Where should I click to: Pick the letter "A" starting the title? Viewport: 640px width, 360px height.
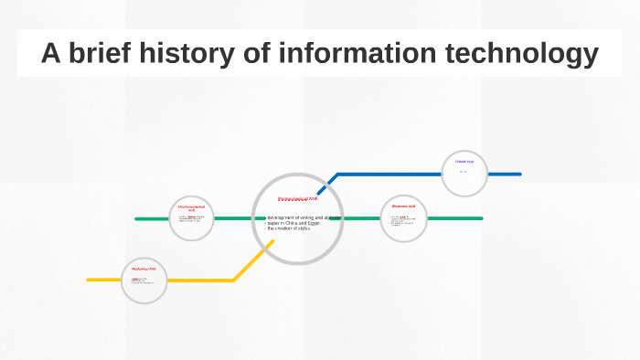click(x=51, y=54)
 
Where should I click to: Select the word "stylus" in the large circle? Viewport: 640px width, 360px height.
click(x=303, y=228)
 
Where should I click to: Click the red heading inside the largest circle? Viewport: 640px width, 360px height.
click(x=298, y=198)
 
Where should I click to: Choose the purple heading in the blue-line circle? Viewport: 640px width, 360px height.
click(x=464, y=162)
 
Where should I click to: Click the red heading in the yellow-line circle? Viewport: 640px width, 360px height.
click(x=144, y=270)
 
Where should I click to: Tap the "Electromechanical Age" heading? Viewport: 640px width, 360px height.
click(x=191, y=209)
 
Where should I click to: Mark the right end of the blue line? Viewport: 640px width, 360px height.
click(x=519, y=174)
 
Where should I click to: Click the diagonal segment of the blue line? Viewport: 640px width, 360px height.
click(x=327, y=183)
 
